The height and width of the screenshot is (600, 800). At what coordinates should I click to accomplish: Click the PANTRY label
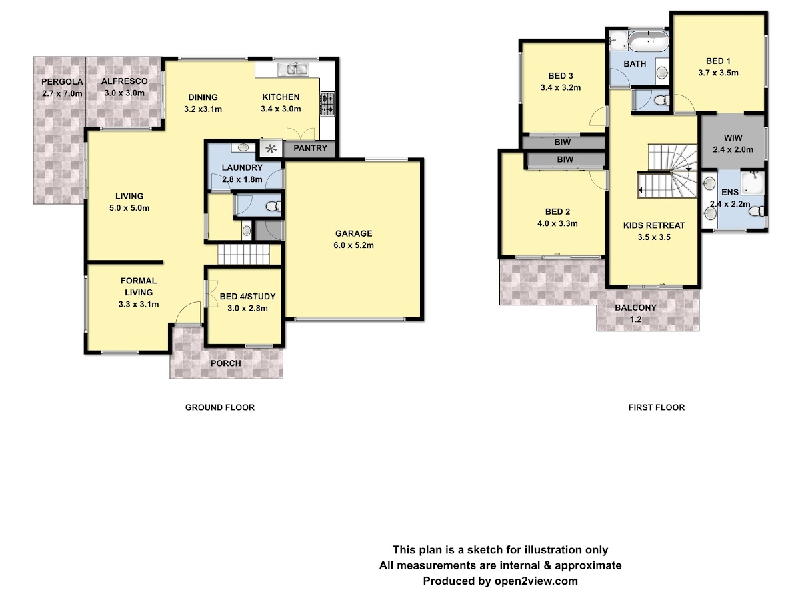point(310,148)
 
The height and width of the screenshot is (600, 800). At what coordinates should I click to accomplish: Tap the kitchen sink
point(293,69)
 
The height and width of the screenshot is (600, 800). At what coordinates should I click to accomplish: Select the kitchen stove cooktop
point(327,104)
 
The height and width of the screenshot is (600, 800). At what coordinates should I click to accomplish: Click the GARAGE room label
point(353,233)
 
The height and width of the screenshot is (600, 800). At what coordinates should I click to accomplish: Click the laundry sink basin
point(243,147)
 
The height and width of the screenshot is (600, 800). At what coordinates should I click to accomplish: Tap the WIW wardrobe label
point(733,138)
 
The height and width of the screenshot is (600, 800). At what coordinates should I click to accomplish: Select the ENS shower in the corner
point(752,183)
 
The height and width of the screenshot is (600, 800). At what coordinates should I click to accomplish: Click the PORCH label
point(225,363)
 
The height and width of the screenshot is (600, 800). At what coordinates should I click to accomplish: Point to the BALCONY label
point(635,307)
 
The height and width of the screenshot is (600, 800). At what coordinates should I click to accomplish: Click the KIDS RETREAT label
point(654,225)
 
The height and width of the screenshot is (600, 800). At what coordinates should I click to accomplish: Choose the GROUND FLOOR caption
point(220,407)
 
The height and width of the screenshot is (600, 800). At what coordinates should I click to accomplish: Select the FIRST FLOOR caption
point(657,407)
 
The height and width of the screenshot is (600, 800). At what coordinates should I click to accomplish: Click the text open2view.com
point(536,581)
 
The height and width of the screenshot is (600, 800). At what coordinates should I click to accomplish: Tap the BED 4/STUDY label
point(247,297)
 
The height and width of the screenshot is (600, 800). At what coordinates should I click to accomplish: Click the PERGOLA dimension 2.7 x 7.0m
point(62,93)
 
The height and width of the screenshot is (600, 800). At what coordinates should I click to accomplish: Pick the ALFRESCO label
point(124,81)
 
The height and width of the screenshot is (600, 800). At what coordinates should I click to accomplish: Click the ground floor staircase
point(243,254)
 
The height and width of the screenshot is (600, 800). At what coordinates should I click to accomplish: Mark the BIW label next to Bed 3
point(563,142)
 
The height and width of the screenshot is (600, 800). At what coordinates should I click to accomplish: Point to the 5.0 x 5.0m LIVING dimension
point(129,208)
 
